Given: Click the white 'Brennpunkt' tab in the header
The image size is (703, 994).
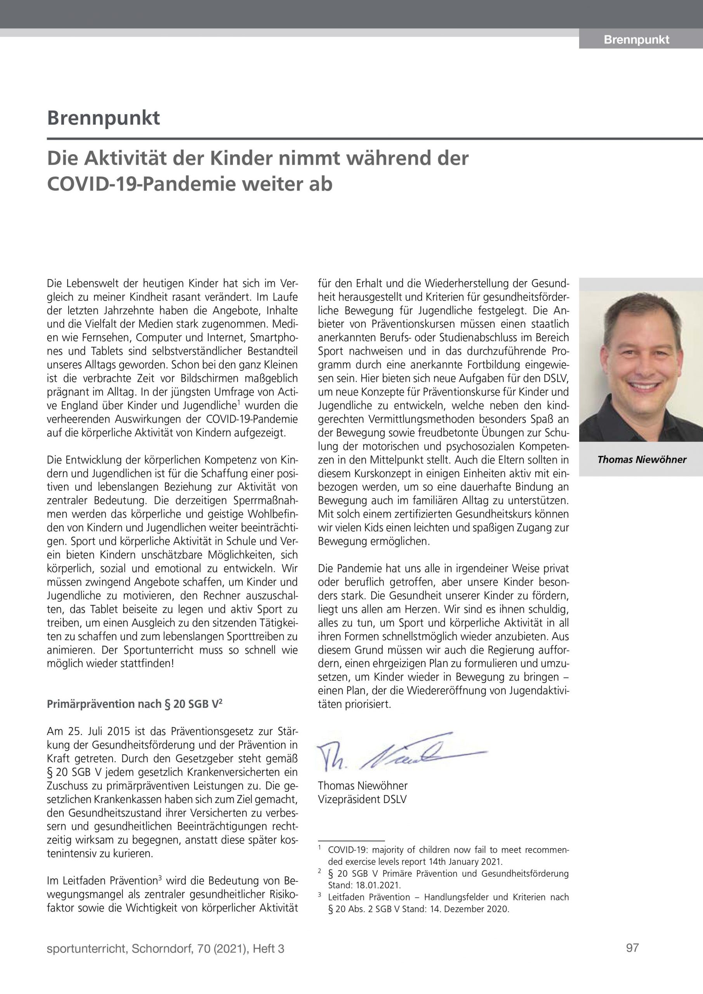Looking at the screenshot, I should (636, 40).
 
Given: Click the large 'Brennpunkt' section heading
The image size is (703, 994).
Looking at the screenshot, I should (104, 118).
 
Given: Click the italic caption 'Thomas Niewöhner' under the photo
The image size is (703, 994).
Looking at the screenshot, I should (642, 460).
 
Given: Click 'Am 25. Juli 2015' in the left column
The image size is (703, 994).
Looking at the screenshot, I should (82, 732).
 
